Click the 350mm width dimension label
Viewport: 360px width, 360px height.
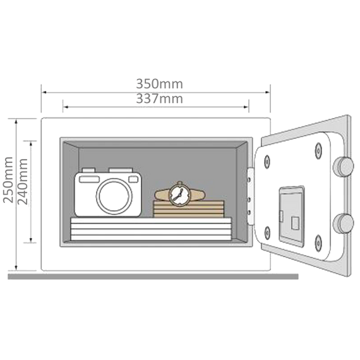(x=160, y=84)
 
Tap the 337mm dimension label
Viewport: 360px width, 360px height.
(x=160, y=99)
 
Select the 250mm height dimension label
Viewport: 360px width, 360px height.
(x=8, y=180)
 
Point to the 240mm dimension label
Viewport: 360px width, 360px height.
(x=23, y=181)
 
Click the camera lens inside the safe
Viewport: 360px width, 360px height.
(x=114, y=196)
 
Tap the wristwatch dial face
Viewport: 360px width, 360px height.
(x=179, y=195)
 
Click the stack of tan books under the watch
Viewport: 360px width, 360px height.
(x=188, y=209)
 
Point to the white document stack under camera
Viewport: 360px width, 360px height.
(x=151, y=229)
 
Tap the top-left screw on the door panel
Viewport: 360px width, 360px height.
(x=267, y=162)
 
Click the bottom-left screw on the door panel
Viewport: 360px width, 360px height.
(x=267, y=232)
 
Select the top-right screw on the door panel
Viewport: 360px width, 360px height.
(x=318, y=150)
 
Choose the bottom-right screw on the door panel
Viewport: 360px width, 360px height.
(x=318, y=243)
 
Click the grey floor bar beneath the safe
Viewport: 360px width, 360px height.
(x=153, y=277)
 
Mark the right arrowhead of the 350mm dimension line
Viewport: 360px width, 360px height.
(x=268, y=92)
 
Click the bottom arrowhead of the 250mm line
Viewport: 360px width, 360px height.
(x=16, y=268)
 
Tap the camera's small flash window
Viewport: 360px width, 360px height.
(x=133, y=179)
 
